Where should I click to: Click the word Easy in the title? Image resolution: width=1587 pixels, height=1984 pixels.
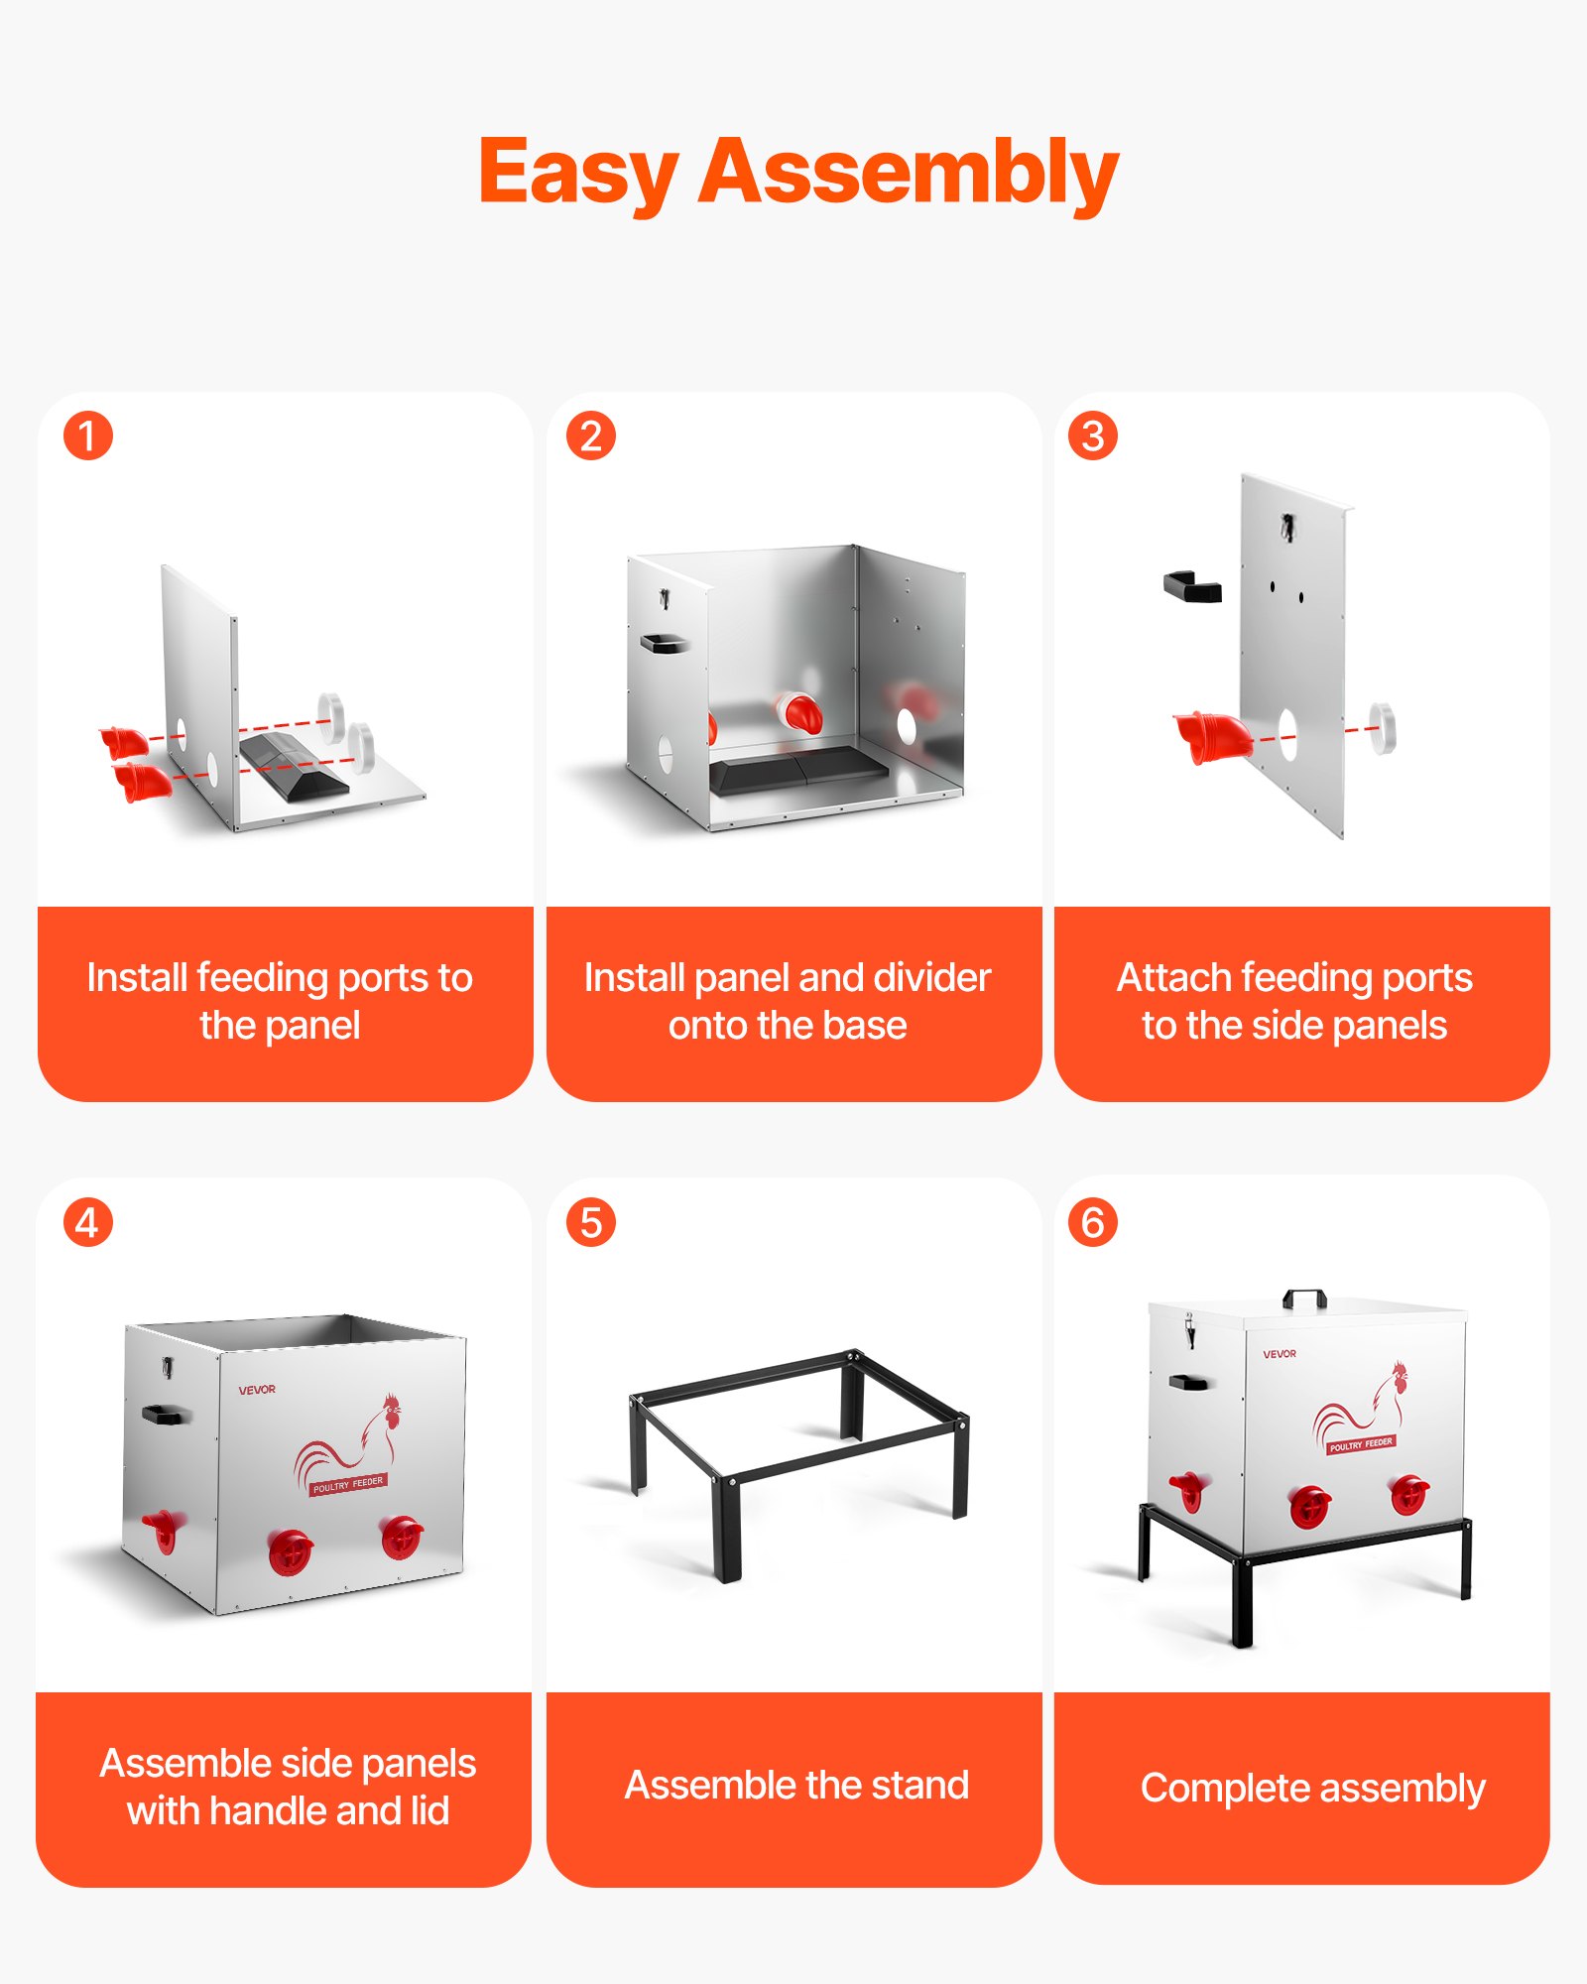pos(577,174)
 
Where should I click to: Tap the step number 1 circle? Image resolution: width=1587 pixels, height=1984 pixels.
pos(88,436)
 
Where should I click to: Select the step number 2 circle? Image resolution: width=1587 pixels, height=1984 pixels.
pos(591,436)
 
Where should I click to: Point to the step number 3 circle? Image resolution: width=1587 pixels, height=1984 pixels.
pos(1092,436)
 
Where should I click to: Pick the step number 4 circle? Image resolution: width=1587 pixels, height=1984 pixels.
pos(88,1223)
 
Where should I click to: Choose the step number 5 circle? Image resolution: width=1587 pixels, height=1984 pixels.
pos(591,1223)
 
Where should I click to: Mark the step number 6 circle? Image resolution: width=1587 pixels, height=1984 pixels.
pos(1092,1223)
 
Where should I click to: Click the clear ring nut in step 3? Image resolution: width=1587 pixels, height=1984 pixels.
pos(1382,727)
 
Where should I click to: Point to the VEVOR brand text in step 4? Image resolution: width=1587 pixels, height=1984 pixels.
pos(257,1390)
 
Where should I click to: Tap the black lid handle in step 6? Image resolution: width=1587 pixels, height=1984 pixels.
pos(1304,1298)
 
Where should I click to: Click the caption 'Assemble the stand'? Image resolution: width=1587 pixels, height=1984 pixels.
pos(796,1786)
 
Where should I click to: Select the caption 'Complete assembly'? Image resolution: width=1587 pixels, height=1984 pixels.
pos(1312,1789)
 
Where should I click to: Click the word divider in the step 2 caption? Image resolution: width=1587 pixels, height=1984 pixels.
pos(932,978)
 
